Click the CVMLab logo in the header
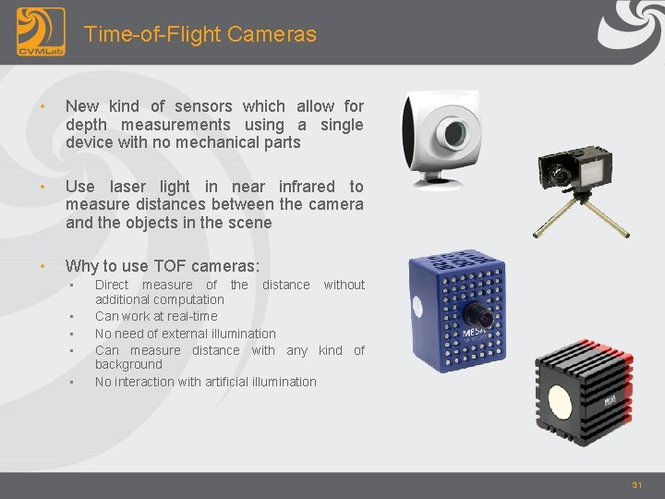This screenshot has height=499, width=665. click(x=41, y=31)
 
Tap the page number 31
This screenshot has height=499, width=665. click(x=636, y=484)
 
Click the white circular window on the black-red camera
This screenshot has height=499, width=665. click(x=561, y=399)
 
